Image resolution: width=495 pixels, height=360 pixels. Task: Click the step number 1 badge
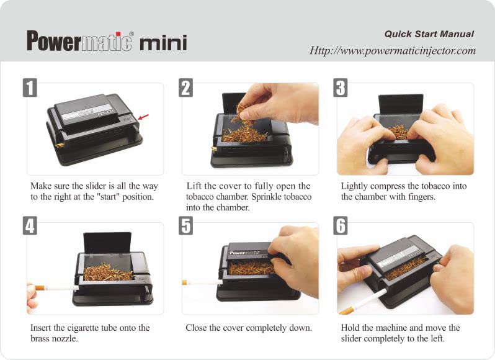(30, 88)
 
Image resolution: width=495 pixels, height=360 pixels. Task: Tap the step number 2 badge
(185, 88)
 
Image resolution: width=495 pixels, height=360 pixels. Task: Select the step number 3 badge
(341, 88)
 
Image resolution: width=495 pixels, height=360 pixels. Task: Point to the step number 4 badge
(30, 226)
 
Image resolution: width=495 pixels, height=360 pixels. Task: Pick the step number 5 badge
(185, 226)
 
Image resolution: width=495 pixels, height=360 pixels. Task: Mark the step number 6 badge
(341, 226)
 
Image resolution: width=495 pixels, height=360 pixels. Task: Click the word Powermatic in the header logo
(79, 41)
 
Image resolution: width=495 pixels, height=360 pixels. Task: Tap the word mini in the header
(163, 43)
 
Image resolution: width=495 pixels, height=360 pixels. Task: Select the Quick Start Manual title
(429, 34)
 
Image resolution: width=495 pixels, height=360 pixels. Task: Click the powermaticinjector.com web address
(393, 51)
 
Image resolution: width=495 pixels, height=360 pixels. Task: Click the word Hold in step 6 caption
(351, 328)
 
